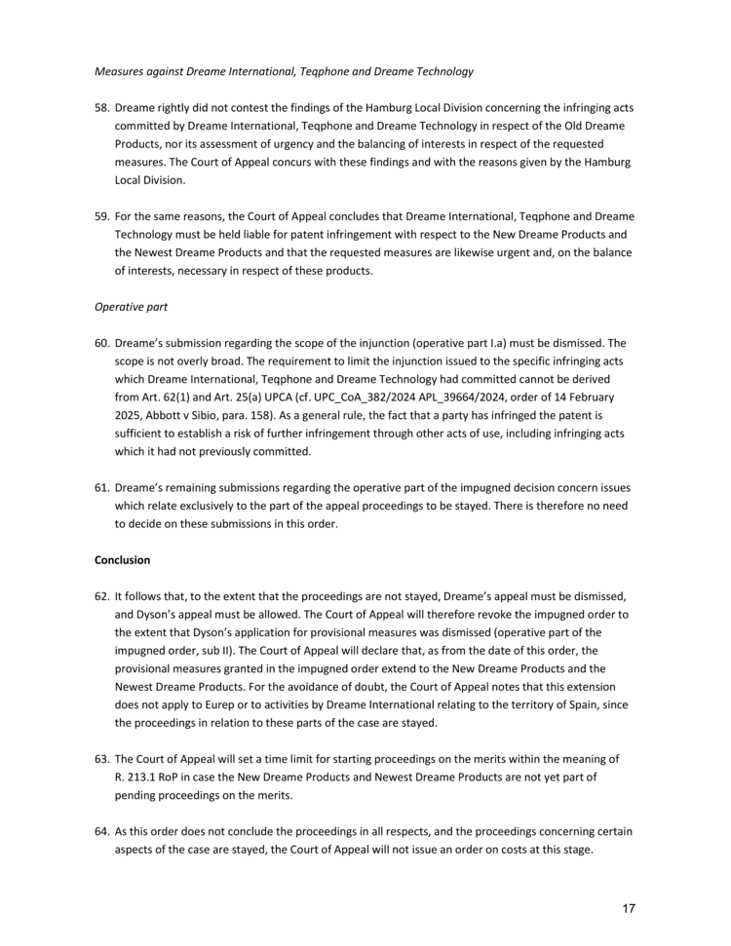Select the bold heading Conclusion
(x=123, y=560)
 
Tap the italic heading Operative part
(x=131, y=307)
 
